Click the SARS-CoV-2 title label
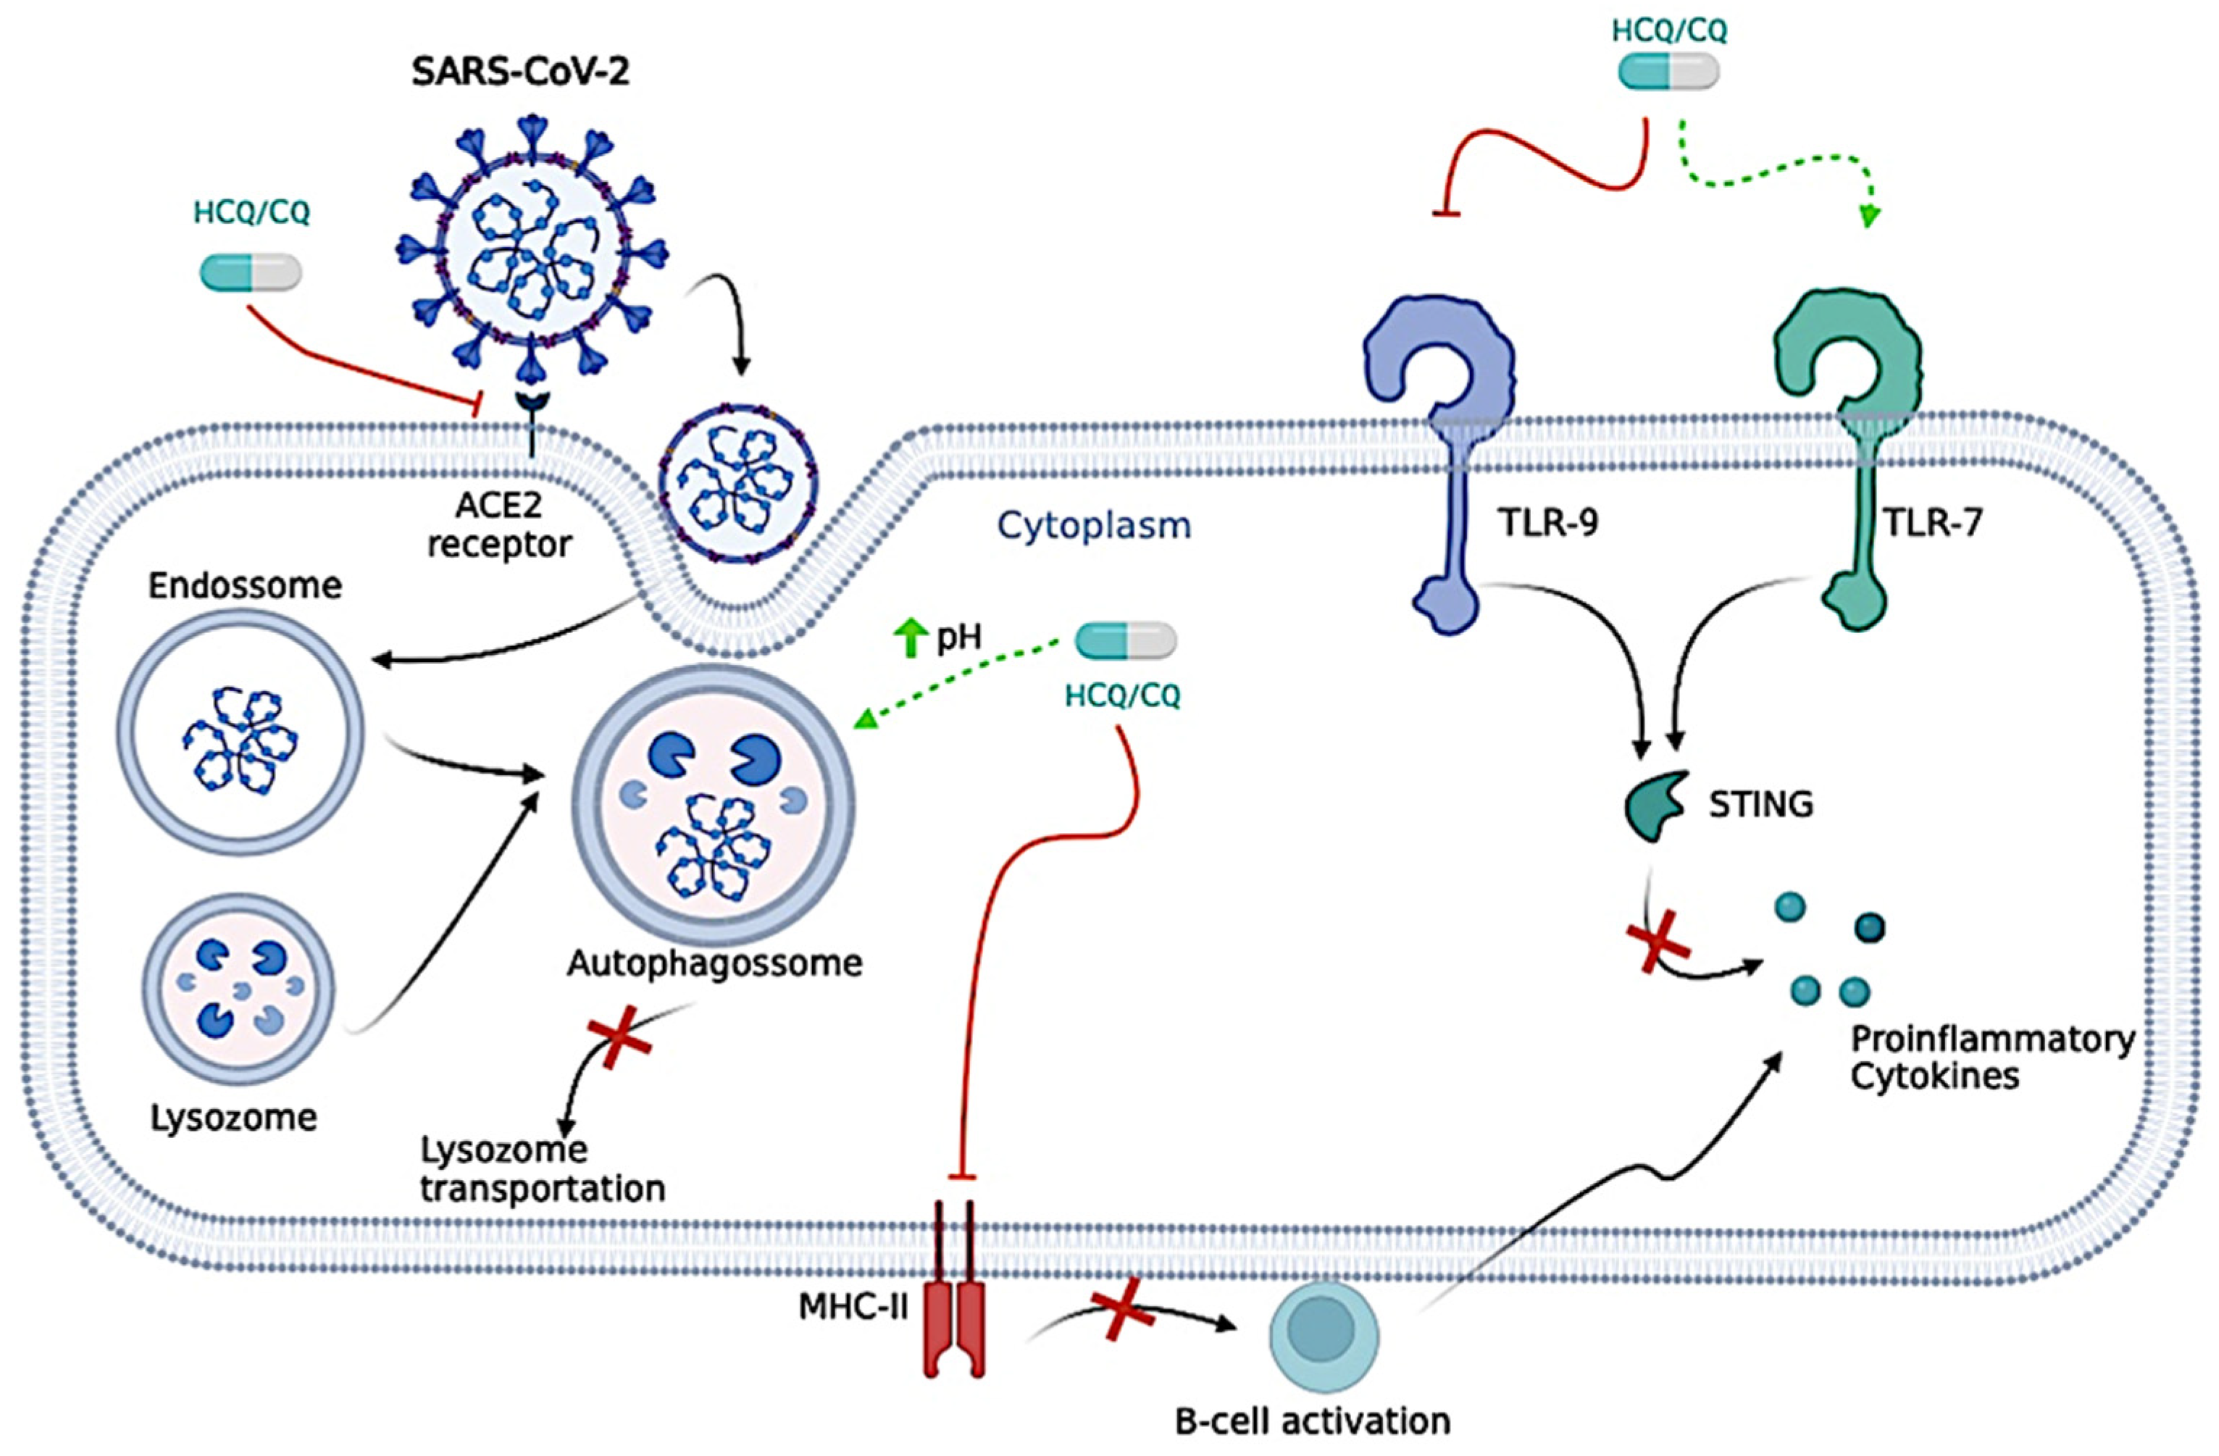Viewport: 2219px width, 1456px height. click(520, 71)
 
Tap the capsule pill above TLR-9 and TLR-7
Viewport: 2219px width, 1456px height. click(1668, 72)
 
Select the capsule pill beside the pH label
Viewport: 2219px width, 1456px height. click(1125, 641)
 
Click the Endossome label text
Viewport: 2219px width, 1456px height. click(245, 585)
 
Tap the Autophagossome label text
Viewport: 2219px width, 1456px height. click(715, 962)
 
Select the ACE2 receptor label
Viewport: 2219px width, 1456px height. click(499, 524)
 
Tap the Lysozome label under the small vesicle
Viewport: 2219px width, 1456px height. click(234, 1117)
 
